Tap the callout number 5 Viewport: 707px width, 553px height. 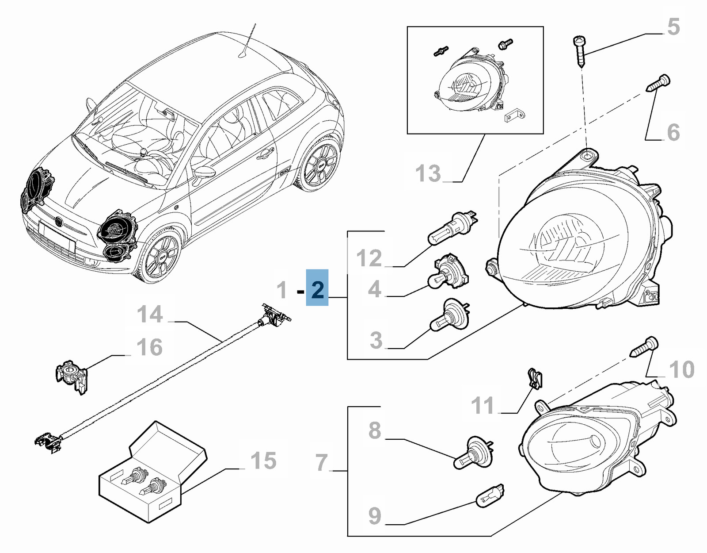[x=673, y=27]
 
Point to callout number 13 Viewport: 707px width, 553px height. [x=428, y=173]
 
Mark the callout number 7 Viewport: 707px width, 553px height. [x=322, y=462]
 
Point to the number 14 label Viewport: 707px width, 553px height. [x=150, y=315]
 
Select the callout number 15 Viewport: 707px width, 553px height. [x=264, y=461]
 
